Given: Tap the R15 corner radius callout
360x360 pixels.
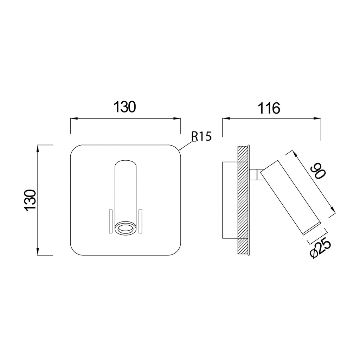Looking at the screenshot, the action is click(201, 137).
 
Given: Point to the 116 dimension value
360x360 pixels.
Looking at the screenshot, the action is click(269, 108).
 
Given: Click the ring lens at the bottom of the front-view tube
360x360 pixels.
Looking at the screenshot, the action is click(126, 229).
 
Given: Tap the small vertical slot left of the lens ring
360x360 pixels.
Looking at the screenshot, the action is click(110, 221).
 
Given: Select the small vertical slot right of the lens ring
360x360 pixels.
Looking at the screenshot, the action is click(141, 221).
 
